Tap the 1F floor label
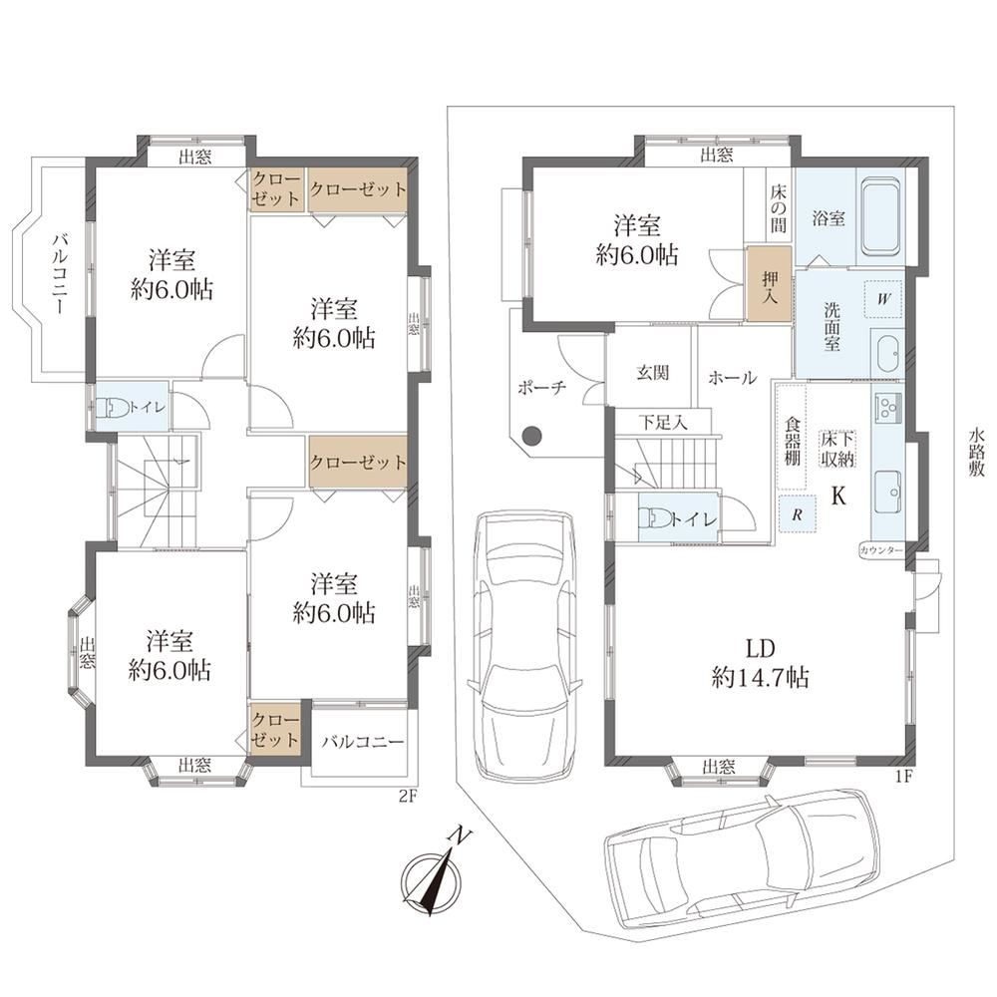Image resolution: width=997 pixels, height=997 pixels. (903, 776)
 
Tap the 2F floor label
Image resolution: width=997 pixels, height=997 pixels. (408, 796)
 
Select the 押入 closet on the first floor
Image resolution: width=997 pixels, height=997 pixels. (770, 283)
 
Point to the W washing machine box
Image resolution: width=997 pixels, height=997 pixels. (883, 299)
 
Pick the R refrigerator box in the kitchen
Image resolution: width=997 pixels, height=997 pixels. (797, 513)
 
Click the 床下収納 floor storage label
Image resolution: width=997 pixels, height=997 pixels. (837, 449)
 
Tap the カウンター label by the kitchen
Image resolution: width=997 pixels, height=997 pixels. (880, 550)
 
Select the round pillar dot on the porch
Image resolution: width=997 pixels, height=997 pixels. (531, 437)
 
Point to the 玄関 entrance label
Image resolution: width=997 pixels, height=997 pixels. (652, 373)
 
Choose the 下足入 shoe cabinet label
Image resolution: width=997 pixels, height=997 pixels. (663, 422)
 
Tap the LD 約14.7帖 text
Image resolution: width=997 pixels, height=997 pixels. (760, 664)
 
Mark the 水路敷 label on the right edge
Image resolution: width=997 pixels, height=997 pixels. (976, 453)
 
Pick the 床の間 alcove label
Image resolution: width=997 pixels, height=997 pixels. (779, 208)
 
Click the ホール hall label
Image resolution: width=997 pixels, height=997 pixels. (733, 378)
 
